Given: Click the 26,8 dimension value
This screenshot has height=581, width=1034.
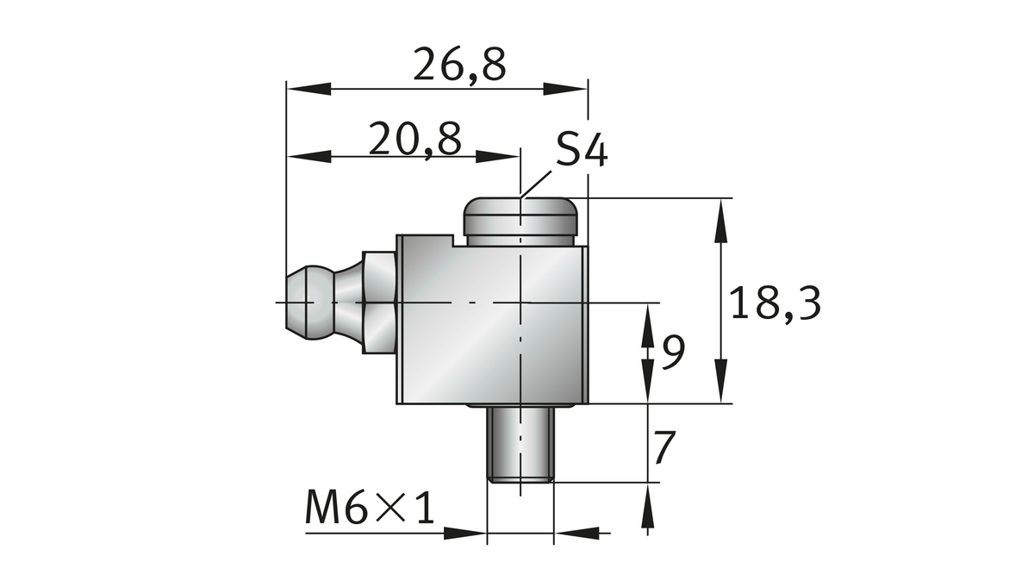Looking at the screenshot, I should tap(458, 65).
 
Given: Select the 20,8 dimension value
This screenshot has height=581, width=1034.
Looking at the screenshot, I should tap(414, 138).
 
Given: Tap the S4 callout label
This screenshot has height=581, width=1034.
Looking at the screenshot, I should tap(581, 151).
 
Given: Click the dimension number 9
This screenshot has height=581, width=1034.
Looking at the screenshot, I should tap(674, 351).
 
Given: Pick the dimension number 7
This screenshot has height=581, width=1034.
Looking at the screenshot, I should tap(664, 447).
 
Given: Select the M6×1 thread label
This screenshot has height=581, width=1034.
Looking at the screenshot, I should tap(368, 509).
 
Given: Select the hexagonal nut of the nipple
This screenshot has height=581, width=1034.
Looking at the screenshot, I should tap(380, 302).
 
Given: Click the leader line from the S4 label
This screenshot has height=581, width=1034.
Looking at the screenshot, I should tap(538, 182).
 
